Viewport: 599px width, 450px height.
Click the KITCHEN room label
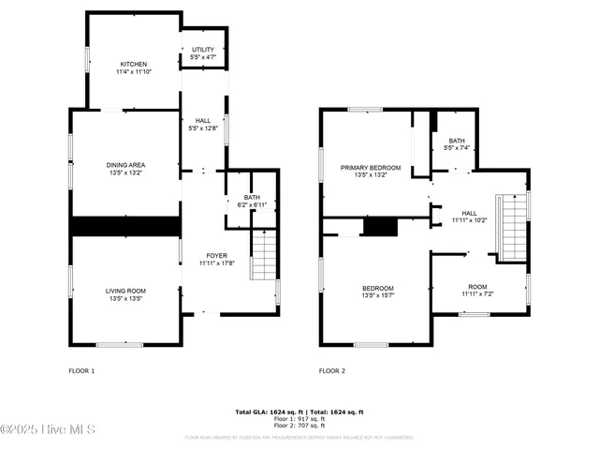(x=133, y=67)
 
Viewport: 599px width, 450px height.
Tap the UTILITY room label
(x=203, y=53)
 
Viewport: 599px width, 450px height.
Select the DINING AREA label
(x=125, y=169)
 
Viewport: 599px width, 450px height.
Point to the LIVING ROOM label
(x=125, y=294)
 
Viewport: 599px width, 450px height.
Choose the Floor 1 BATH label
(x=251, y=200)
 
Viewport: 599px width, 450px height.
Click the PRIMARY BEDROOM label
(x=371, y=171)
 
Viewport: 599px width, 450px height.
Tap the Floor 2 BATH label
(x=456, y=144)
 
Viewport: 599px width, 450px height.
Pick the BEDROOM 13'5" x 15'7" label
(x=378, y=292)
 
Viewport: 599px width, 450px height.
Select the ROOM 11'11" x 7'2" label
(x=477, y=290)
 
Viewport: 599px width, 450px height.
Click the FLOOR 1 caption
(x=81, y=371)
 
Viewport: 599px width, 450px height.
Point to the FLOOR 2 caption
(x=332, y=371)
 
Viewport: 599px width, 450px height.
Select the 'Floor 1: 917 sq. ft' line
(x=299, y=419)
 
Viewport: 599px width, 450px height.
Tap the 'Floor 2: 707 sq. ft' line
(x=299, y=426)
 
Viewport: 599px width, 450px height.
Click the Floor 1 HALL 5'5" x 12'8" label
(x=203, y=125)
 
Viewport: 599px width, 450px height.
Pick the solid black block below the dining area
(x=125, y=226)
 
